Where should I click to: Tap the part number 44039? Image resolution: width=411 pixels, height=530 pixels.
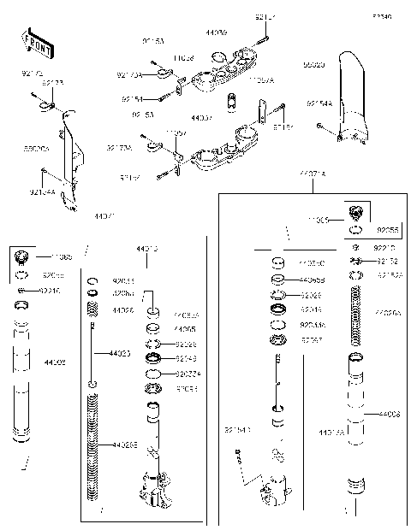(x=216, y=32)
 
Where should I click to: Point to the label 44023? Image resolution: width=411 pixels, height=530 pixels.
(x=120, y=352)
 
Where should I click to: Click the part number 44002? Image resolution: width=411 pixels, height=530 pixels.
(x=55, y=362)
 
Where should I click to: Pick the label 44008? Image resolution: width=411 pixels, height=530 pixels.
(x=388, y=414)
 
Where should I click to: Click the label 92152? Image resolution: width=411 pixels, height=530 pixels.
(x=386, y=260)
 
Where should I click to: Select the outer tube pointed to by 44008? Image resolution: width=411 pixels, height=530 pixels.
(x=359, y=402)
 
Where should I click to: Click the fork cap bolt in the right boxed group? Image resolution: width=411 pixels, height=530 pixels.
(x=360, y=212)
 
